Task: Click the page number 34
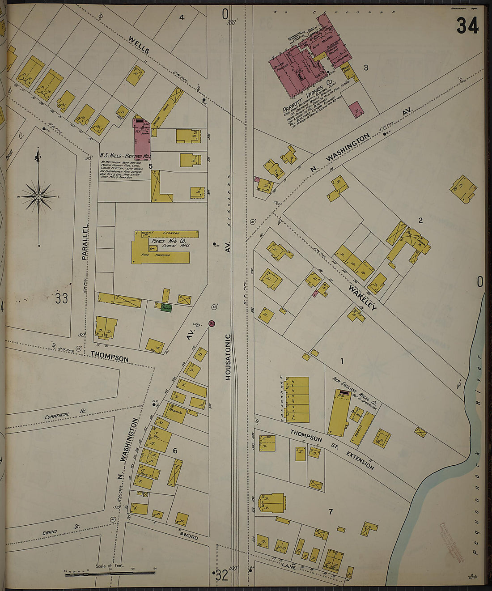(x=467, y=26)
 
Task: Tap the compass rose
(x=39, y=196)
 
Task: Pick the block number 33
(x=61, y=298)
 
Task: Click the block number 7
(x=331, y=512)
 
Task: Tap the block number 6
(x=175, y=451)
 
